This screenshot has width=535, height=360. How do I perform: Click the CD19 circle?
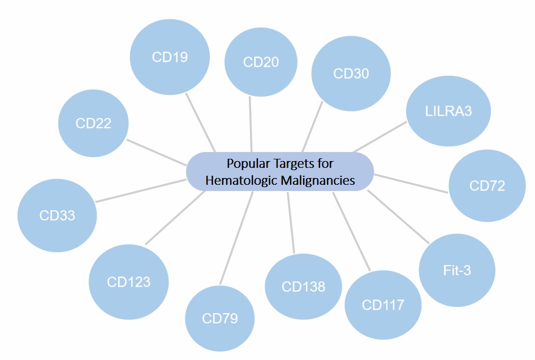(170, 57)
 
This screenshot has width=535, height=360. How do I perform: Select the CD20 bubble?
(261, 62)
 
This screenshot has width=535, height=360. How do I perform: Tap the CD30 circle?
(351, 74)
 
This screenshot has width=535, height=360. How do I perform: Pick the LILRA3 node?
(448, 111)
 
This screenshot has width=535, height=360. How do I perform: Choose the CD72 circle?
(487, 185)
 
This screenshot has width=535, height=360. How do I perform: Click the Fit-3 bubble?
(457, 271)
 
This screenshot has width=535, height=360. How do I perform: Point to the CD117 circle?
(383, 305)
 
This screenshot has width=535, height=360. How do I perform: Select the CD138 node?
(303, 287)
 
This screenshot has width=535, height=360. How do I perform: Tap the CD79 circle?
(220, 319)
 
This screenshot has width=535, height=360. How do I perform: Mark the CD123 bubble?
(129, 281)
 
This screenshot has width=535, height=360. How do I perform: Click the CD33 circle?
(57, 215)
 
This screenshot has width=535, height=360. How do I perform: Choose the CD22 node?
(93, 123)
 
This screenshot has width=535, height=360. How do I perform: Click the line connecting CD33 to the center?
(141, 190)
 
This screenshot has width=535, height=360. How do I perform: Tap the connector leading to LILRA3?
(380, 136)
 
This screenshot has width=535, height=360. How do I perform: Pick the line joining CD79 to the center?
(236, 237)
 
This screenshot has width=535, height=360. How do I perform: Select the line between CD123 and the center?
(175, 218)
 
